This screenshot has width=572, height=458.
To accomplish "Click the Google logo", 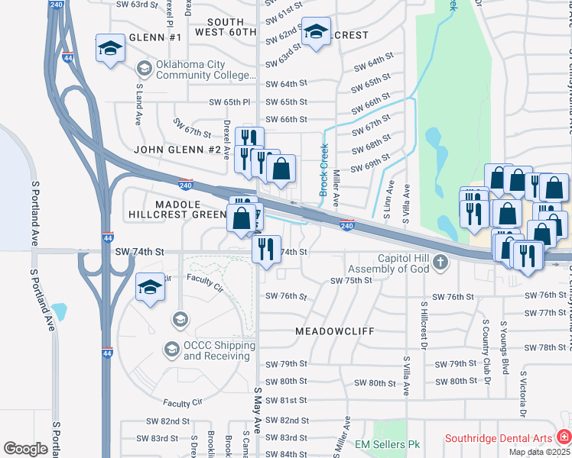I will pos(25,449).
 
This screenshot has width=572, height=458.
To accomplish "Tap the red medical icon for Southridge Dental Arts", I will pos(563,438).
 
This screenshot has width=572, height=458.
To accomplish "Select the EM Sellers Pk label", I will pos(388,443).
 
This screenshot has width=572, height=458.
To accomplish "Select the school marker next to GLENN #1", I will pos(110,49).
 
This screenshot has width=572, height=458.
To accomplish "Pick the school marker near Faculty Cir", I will pos(150,287).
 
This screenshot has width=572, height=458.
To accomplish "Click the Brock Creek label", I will pos(323,169).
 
